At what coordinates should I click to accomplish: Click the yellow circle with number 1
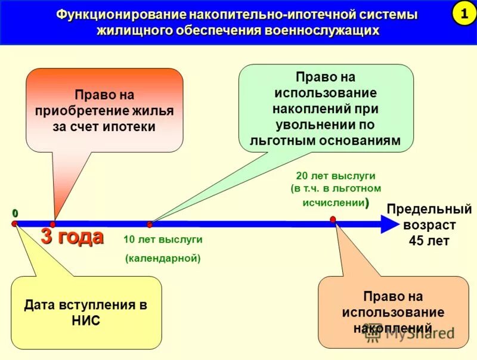click(x=463, y=13)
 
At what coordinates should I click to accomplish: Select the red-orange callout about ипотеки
click(x=104, y=110)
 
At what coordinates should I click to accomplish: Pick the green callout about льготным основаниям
click(x=326, y=107)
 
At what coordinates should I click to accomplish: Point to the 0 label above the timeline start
click(x=14, y=213)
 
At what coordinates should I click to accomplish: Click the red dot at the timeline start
click(x=14, y=224)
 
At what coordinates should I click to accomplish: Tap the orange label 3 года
click(x=72, y=237)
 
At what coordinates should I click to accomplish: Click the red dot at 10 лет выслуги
click(x=150, y=225)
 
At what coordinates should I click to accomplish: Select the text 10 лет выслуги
click(x=163, y=240)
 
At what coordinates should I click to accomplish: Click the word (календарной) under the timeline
click(x=163, y=258)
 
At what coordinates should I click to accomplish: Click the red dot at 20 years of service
click(x=333, y=219)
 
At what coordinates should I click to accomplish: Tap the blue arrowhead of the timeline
click(x=388, y=224)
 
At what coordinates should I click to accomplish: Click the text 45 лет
click(x=429, y=241)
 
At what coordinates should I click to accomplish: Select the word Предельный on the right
click(x=429, y=210)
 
